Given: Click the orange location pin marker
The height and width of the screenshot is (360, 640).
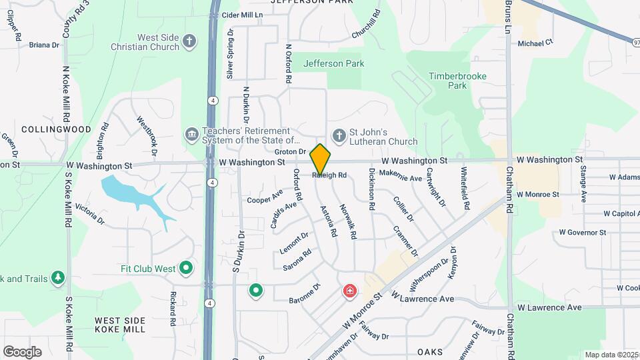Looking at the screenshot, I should (x=321, y=159).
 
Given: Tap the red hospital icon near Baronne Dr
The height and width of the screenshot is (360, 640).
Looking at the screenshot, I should (x=349, y=291).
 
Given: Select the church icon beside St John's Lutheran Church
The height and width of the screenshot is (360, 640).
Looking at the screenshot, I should (x=339, y=135).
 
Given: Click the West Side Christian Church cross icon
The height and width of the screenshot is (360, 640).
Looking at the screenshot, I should (x=189, y=41).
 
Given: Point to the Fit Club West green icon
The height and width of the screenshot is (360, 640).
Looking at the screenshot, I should (x=186, y=269).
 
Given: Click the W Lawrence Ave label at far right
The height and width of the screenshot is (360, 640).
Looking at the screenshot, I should (x=550, y=307).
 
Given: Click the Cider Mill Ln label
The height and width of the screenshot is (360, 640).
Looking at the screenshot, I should (x=243, y=14).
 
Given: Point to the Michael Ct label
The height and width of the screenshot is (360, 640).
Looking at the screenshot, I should (x=535, y=43).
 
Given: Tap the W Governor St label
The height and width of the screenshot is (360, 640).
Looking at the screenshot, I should (x=582, y=233).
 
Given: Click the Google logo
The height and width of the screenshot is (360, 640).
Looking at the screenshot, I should (x=22, y=351).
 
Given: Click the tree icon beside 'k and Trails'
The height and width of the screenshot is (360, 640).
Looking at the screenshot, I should (x=59, y=277).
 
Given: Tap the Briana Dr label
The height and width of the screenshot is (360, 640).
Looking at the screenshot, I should (x=44, y=45).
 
